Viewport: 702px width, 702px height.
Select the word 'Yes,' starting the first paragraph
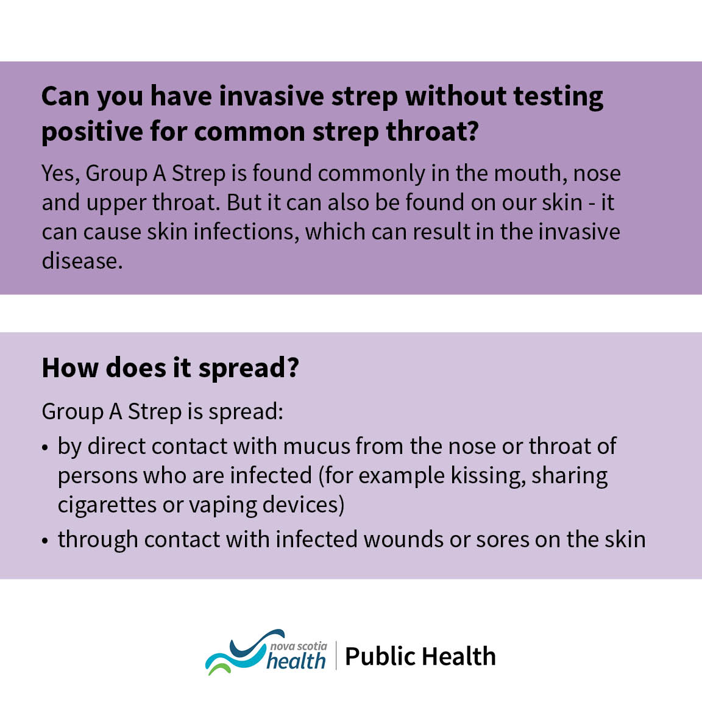pos(60,174)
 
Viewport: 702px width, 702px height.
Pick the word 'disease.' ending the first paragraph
pos(82,261)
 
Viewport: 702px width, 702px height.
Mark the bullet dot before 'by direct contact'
pos(45,448)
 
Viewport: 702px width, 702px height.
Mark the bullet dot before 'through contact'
pos(45,541)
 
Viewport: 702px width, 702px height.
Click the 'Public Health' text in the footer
pos(420,657)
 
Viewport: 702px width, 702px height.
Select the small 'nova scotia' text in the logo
pos(299,646)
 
